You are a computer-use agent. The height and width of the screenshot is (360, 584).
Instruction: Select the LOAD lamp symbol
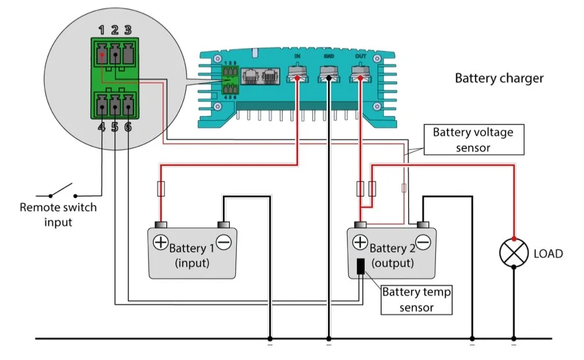(514, 253)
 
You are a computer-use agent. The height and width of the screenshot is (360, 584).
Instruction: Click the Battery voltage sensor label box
(473, 140)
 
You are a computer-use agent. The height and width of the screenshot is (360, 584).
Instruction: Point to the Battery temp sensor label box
(416, 299)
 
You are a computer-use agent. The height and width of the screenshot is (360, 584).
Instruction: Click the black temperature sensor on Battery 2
(361, 266)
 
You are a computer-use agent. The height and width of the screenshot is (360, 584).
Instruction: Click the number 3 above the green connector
(128, 30)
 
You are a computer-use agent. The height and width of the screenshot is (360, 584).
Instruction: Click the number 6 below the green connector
(128, 126)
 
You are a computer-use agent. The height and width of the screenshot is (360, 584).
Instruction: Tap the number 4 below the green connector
(102, 126)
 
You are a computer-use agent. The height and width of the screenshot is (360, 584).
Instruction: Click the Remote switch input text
(58, 214)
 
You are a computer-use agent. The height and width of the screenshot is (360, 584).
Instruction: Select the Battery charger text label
(499, 78)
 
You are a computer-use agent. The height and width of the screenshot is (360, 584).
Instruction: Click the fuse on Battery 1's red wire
(160, 188)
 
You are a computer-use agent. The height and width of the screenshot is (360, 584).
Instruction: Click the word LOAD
(548, 254)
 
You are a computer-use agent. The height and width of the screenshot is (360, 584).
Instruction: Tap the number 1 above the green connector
(102, 30)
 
